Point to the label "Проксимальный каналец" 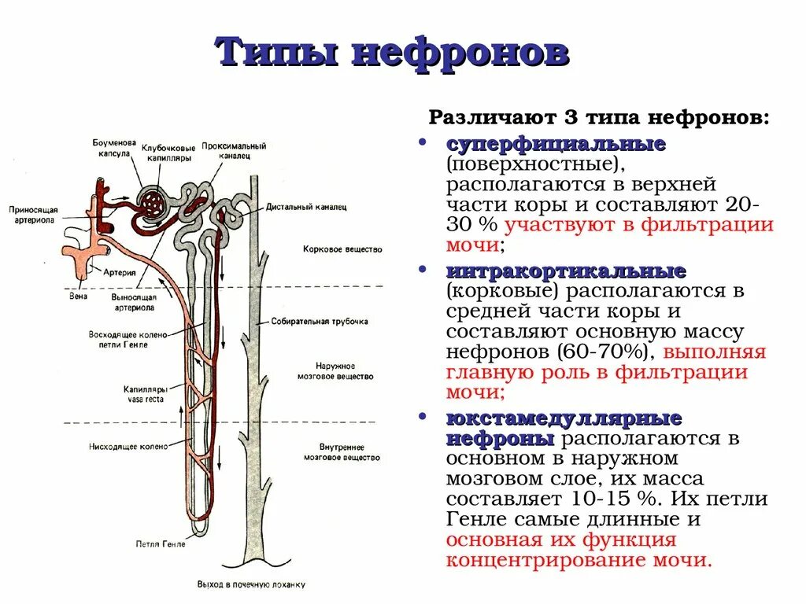tap(234, 150)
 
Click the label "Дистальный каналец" tap(305, 207)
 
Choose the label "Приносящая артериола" tap(32, 215)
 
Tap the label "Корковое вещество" tap(342, 249)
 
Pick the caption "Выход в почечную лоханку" tap(250, 585)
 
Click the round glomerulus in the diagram tap(152, 204)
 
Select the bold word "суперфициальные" tap(556, 145)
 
